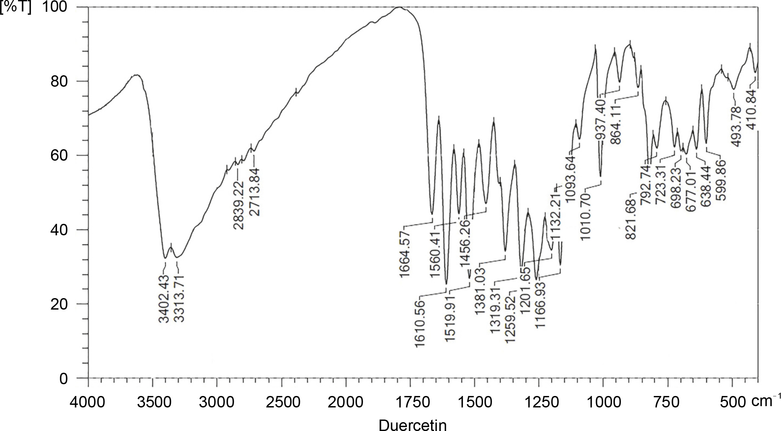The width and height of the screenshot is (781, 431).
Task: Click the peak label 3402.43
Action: click(x=164, y=299)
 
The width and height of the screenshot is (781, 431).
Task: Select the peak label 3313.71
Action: click(x=179, y=299)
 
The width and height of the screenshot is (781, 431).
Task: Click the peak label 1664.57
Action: click(x=405, y=254)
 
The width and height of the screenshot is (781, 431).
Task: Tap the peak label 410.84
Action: click(x=752, y=110)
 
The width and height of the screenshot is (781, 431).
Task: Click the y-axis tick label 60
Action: click(x=59, y=155)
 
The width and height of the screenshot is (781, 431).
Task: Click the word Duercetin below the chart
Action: click(x=413, y=425)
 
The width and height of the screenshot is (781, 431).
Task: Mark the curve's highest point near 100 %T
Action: click(x=399, y=7)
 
